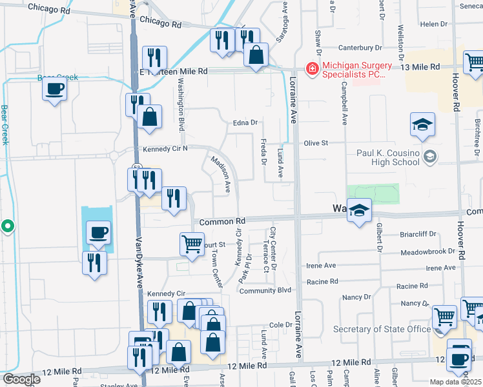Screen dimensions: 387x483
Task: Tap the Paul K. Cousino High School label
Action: [x=388, y=157]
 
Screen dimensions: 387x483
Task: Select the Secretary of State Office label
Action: [x=382, y=330]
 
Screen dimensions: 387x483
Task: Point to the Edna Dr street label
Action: [x=245, y=122]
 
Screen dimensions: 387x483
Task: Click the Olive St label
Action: [x=316, y=143]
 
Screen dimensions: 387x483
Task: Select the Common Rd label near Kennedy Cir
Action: [x=220, y=221]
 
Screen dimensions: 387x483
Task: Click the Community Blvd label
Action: [x=265, y=291]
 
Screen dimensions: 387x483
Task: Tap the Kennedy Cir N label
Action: [x=165, y=149]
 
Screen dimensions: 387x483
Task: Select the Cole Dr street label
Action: [x=281, y=324]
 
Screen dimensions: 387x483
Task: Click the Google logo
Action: [x=21, y=379]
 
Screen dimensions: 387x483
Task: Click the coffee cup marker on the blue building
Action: [x=98, y=232]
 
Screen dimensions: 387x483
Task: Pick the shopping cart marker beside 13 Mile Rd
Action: [x=474, y=63]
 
